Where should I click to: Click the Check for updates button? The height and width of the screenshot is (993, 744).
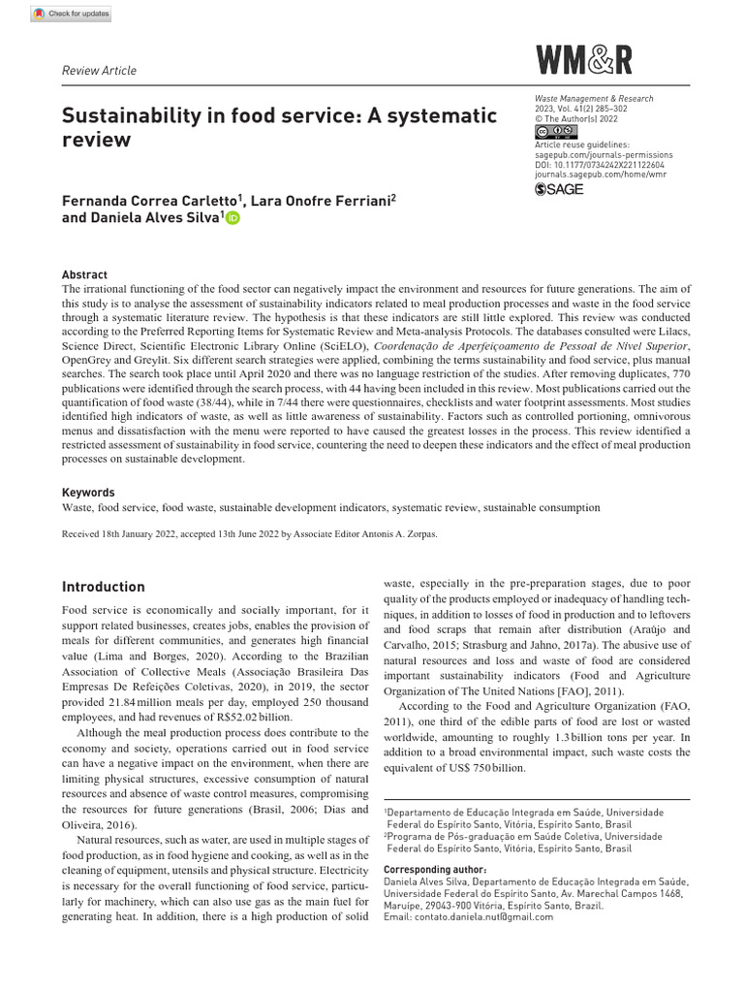pyautogui.click(x=72, y=14)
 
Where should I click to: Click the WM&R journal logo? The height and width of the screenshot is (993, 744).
pyautogui.click(x=584, y=61)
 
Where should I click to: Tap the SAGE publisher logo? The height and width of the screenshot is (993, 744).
pyautogui.click(x=559, y=189)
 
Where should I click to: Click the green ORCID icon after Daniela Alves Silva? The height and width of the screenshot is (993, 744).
pyautogui.click(x=232, y=219)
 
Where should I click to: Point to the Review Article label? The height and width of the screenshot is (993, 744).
pyautogui.click(x=99, y=70)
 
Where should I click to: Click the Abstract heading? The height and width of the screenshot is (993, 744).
pyautogui.click(x=84, y=274)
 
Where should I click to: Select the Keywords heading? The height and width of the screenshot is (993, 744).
pyautogui.click(x=88, y=493)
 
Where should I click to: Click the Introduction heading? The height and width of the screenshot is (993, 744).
pyautogui.click(x=104, y=587)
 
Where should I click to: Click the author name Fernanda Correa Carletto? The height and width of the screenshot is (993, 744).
pyautogui.click(x=150, y=201)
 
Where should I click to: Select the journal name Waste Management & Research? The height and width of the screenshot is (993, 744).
pyautogui.click(x=594, y=99)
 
